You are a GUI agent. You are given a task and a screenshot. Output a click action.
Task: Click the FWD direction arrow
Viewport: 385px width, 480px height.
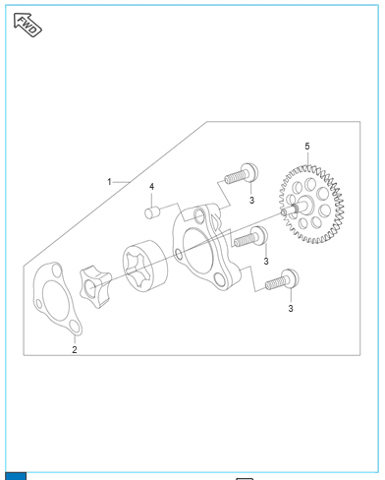point(27,25)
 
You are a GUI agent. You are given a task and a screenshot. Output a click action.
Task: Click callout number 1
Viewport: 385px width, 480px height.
point(109,182)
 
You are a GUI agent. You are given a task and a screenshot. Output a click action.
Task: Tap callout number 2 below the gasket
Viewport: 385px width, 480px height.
point(75,349)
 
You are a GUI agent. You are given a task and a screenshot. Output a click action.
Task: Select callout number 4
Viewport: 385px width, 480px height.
point(151,187)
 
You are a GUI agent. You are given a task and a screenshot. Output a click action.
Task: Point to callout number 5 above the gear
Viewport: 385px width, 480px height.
point(307,147)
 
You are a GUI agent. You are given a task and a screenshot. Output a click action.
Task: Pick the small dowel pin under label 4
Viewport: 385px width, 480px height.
point(152,212)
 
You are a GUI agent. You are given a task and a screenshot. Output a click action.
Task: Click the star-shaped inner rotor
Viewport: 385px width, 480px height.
point(95,287)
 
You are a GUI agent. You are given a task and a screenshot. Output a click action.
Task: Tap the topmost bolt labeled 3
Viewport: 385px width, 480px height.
point(242,174)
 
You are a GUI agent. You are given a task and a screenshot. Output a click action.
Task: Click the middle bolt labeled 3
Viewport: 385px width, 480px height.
point(250,237)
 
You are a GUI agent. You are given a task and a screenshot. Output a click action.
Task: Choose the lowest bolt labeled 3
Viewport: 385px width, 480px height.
point(282,280)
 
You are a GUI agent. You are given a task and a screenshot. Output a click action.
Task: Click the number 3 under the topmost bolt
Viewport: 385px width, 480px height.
point(251,200)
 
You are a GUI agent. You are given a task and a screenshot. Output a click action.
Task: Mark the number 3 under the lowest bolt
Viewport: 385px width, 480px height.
point(291,309)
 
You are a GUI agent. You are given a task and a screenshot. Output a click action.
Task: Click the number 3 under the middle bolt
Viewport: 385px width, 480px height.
point(266,262)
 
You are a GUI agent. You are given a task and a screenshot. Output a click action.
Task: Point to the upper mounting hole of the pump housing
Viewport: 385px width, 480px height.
point(199,215)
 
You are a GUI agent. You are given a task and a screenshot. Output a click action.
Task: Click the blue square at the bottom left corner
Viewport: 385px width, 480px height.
point(16,476)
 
